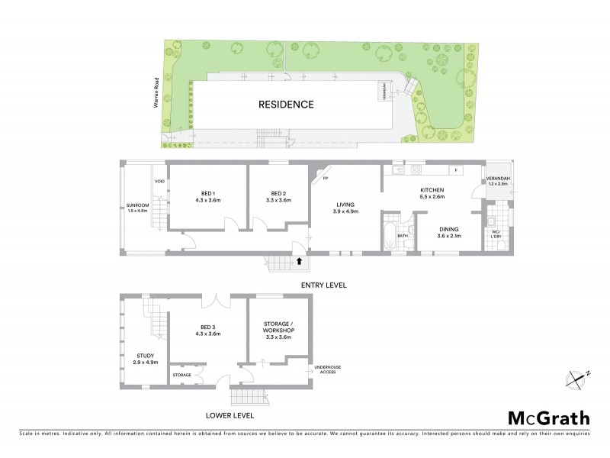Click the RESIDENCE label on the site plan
[285, 105]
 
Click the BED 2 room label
[278, 196]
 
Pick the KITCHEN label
[431, 192]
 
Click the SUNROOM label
[138, 207]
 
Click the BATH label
[403, 236]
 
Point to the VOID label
[159, 181]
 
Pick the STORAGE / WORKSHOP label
[278, 330]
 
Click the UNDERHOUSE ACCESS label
[328, 369]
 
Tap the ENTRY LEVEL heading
[324, 285]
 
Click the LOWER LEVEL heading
[230, 416]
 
